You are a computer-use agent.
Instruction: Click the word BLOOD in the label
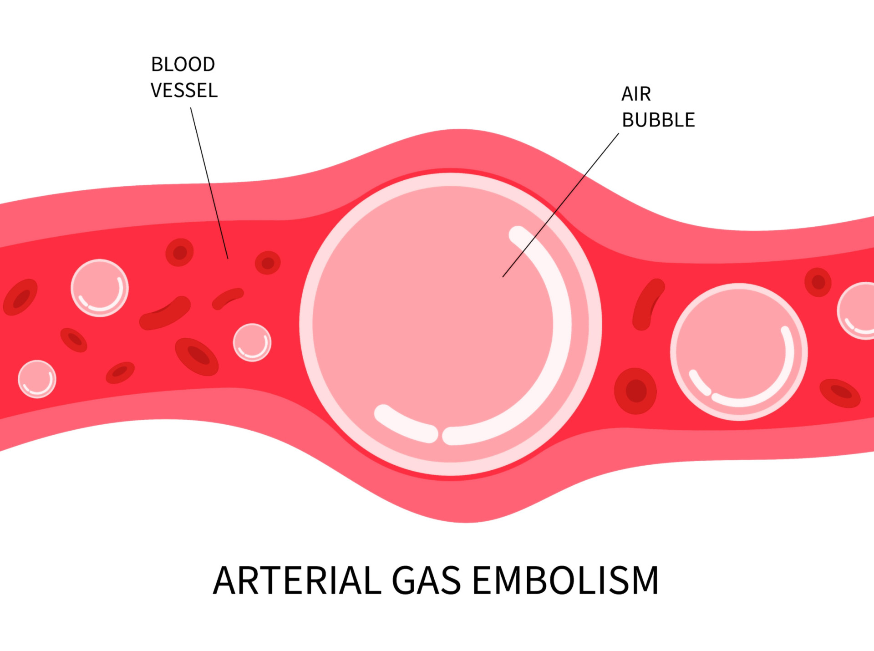pos(183,65)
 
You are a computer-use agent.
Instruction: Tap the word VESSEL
pos(184,91)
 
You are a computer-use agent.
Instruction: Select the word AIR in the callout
pos(636,94)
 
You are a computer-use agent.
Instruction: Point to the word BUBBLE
pos(658,120)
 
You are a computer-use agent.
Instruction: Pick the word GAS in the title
pos(426,581)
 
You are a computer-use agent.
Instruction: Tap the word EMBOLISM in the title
pos(565,581)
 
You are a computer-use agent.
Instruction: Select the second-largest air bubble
pos(739,352)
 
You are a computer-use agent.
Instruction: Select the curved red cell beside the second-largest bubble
pos(647,303)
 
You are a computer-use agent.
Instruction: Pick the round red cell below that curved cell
pos(635,391)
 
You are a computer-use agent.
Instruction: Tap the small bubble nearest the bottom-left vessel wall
pos(37,379)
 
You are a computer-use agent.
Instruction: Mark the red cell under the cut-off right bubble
pos(840,393)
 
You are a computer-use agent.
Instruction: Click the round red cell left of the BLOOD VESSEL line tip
pos(179,252)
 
